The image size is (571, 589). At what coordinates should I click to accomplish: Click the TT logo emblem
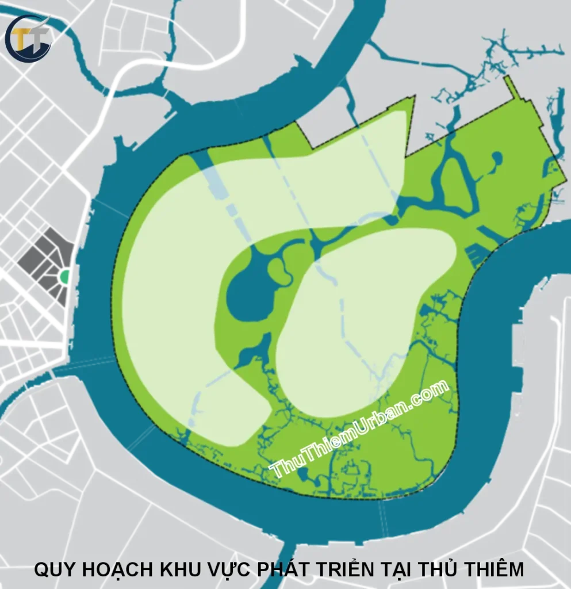pos(28,39)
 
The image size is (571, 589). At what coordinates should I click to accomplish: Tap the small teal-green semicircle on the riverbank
pos(65,277)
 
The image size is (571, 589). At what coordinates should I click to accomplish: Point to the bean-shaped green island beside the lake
pos(279,270)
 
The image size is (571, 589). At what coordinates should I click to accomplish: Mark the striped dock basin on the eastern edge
pos(477,254)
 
